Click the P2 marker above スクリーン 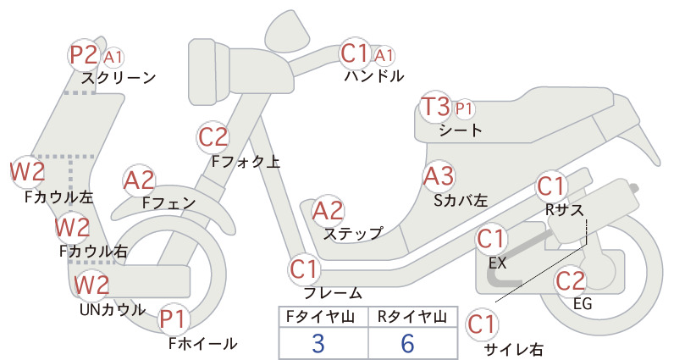(84, 55)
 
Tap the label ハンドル (374, 76)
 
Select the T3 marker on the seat (435, 108)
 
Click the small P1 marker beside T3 (464, 108)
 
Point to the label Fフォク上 (246, 162)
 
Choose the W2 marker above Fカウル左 (28, 172)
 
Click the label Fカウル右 (94, 252)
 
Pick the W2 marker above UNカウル (91, 285)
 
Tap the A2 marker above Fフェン (139, 181)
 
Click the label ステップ (353, 233)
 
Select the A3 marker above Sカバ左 (439, 176)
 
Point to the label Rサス (564, 209)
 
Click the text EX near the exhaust (497, 263)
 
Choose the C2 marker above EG (571, 281)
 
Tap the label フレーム (333, 293)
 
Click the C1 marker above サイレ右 (482, 324)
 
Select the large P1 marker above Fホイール (172, 319)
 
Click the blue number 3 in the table (318, 343)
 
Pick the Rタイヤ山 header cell (412, 317)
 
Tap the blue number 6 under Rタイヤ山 (407, 343)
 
